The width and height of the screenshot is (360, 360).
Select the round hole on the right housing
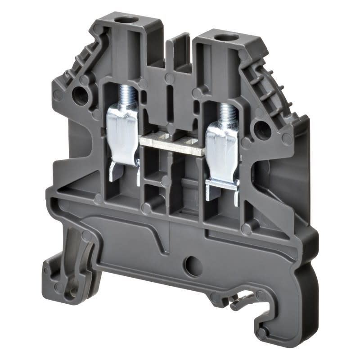click(x=262, y=130)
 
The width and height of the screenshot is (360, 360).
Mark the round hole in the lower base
click(x=193, y=267)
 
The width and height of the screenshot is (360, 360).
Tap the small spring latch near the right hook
click(x=241, y=302)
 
